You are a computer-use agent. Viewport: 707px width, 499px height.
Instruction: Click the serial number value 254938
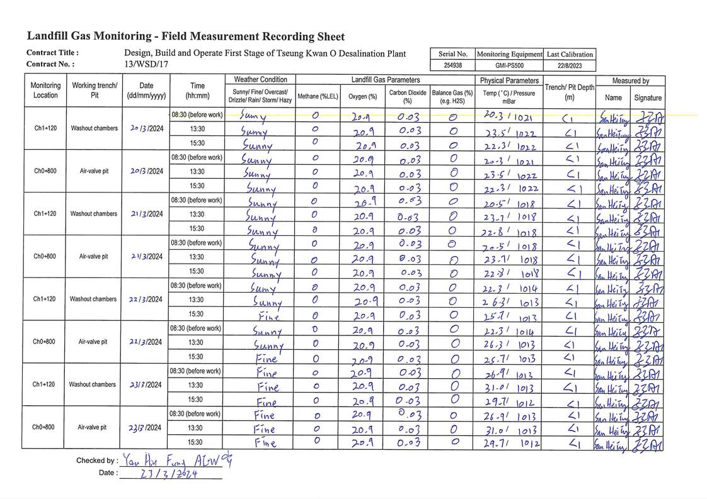point(452,65)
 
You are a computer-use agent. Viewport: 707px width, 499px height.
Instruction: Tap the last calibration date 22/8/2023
point(569,65)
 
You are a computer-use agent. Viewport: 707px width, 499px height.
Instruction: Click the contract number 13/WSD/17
point(146,64)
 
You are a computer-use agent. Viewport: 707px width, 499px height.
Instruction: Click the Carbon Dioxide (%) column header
point(407,96)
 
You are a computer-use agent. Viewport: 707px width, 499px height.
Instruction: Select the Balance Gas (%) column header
point(452,96)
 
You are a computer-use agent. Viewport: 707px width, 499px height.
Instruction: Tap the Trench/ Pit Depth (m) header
point(569,93)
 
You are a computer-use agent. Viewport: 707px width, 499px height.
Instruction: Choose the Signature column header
point(647,98)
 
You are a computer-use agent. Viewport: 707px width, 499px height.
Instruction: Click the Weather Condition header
point(260,80)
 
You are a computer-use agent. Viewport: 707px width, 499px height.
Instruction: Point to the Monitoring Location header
point(45,91)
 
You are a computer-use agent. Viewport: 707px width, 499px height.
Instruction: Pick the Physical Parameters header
point(509,81)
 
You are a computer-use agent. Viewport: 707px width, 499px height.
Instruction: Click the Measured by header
point(630,81)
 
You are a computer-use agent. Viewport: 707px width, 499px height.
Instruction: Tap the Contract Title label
point(52,53)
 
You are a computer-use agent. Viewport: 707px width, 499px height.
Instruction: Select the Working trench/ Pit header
point(95,91)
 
